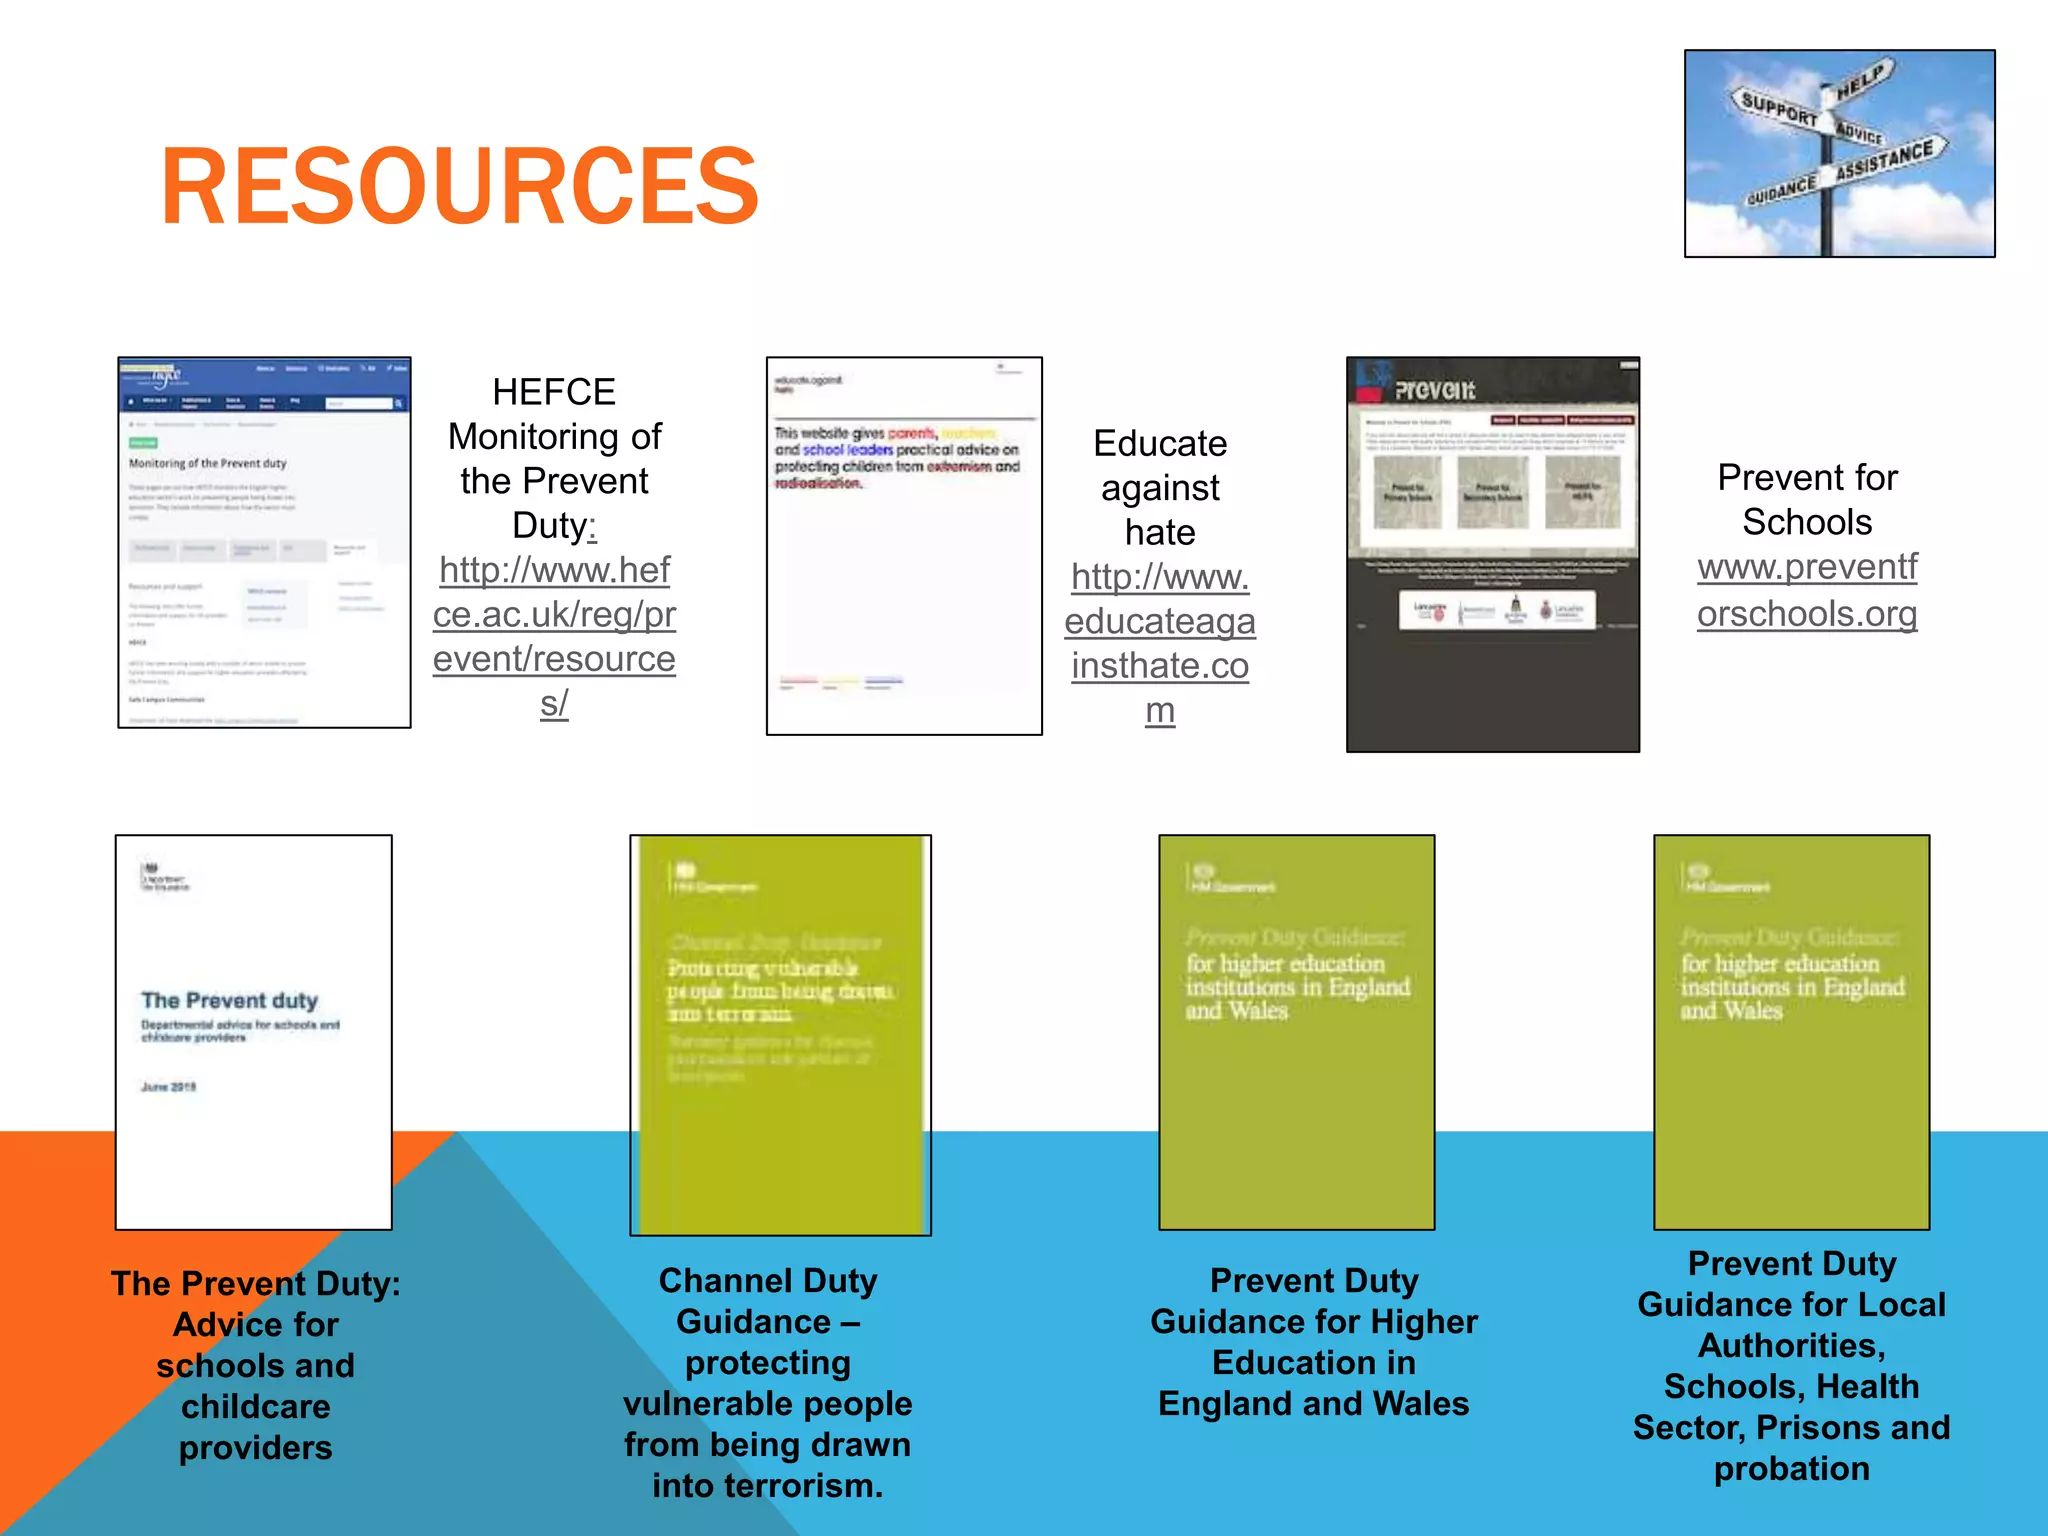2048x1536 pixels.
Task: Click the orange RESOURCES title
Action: coord(460,187)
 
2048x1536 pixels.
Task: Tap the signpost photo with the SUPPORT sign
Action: coord(1839,153)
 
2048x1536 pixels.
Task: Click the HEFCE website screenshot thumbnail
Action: coord(264,542)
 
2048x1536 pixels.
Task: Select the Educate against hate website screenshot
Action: coord(904,546)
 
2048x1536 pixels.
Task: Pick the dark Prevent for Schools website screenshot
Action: coord(1492,554)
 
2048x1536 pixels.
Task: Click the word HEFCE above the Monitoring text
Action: coord(554,392)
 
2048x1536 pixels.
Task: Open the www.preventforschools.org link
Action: coord(1807,590)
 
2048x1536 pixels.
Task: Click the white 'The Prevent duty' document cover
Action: coord(254,1031)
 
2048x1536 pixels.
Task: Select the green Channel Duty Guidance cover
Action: coord(780,1035)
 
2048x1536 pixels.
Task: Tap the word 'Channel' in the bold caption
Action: coord(715,1281)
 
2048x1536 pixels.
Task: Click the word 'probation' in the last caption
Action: coord(1791,1468)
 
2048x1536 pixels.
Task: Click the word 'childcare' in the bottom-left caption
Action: coord(256,1407)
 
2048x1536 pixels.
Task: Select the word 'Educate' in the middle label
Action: coord(1160,443)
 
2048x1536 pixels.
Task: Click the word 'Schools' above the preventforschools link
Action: coord(1807,522)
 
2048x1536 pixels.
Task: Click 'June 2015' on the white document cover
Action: coord(169,1087)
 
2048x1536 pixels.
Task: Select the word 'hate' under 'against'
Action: coord(1160,532)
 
